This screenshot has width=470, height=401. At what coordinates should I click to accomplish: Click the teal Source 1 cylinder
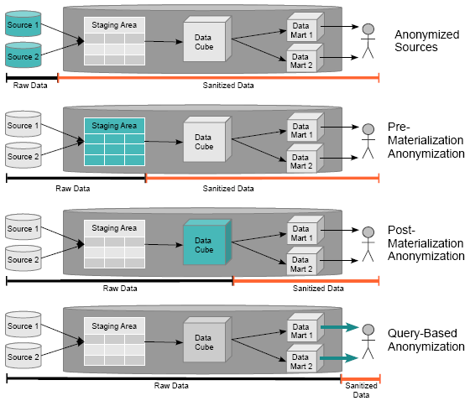(x=23, y=23)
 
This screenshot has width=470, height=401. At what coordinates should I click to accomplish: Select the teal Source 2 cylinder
(x=23, y=55)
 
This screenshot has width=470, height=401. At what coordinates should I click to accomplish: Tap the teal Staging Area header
(x=114, y=126)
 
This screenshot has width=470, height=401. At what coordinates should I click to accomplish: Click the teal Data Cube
(x=206, y=242)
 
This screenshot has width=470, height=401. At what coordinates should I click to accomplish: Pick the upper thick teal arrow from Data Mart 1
(x=340, y=327)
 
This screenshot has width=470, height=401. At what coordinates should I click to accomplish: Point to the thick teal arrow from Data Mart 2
(x=339, y=358)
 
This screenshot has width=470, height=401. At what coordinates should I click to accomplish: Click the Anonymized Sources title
(x=427, y=41)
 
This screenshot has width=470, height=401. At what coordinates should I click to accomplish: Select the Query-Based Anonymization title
(x=426, y=340)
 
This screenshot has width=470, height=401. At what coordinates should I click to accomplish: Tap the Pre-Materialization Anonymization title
(x=426, y=140)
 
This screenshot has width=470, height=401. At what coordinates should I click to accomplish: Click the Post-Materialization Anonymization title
(x=426, y=243)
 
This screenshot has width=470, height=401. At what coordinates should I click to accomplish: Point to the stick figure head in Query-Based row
(x=368, y=330)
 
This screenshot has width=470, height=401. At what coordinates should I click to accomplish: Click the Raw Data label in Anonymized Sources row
(x=30, y=86)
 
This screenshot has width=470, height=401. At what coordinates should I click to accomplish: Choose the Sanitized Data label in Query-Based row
(x=361, y=390)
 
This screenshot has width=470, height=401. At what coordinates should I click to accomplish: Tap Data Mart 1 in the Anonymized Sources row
(x=305, y=28)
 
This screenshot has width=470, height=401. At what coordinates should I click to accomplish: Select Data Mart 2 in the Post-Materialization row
(x=305, y=262)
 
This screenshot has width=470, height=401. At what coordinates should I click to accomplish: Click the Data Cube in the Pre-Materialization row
(x=206, y=139)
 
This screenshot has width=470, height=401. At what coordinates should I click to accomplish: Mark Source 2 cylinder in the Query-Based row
(x=23, y=356)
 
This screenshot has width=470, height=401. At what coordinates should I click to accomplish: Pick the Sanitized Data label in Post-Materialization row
(x=318, y=289)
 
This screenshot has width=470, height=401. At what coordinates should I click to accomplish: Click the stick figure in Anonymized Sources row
(x=368, y=41)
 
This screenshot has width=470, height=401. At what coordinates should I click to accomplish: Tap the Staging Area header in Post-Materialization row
(x=114, y=228)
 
